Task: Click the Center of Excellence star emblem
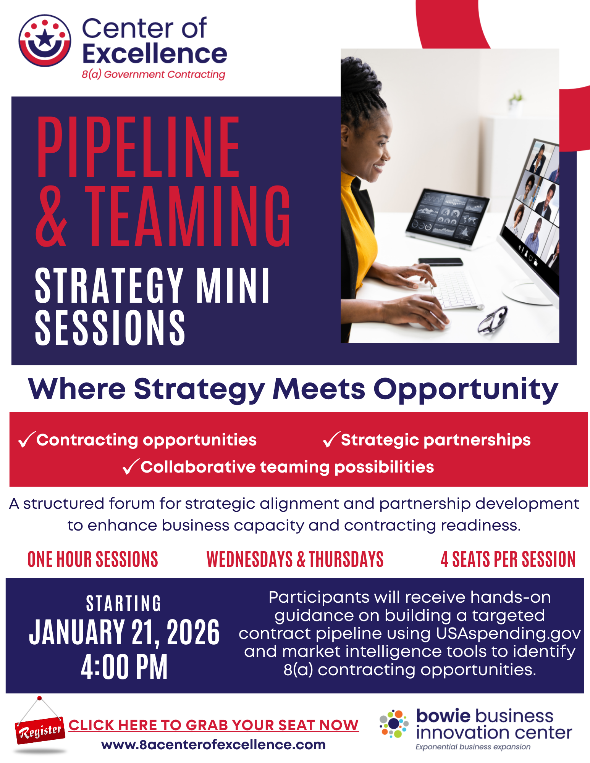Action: [45, 40]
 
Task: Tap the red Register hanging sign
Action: [40, 731]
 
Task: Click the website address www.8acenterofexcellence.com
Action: [213, 745]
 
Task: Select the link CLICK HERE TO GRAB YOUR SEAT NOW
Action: [213, 725]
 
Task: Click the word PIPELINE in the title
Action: [138, 147]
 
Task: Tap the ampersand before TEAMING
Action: [52, 216]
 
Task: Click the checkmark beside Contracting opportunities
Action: [26, 440]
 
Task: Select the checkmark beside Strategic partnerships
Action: [331, 440]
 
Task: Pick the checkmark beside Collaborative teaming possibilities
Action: [131, 467]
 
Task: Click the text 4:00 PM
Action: [124, 667]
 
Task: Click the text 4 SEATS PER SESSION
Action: [508, 560]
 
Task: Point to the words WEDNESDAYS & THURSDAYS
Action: [295, 560]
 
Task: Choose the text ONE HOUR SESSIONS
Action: [93, 560]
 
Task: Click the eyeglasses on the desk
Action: [493, 320]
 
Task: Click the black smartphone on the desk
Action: [440, 262]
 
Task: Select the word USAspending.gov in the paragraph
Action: [508, 634]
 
